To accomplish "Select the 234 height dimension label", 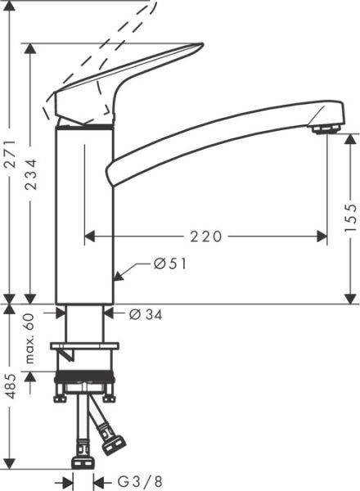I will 30,173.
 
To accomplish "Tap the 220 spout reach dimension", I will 206,236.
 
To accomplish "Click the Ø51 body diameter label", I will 169,264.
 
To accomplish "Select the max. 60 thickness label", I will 30,337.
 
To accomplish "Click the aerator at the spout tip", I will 326,128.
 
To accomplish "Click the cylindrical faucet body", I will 83,213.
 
